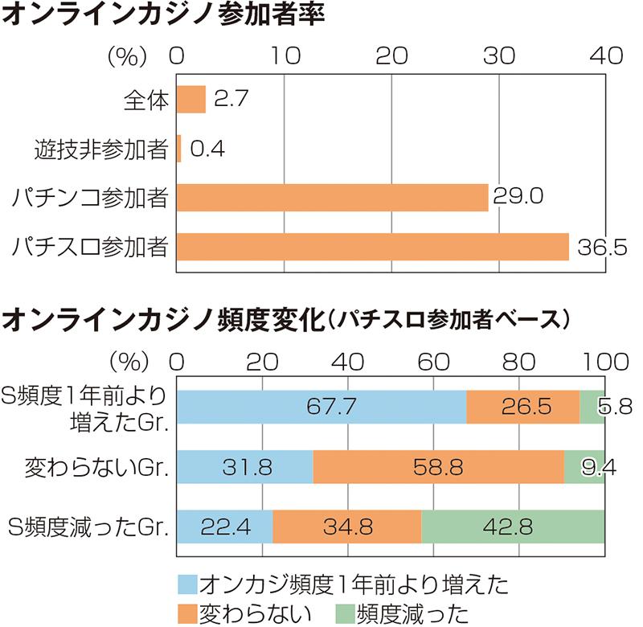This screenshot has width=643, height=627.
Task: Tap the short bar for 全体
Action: [191, 100]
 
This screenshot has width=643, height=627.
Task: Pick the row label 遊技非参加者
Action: [100, 149]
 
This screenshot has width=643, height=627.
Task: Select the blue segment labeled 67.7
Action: [321, 406]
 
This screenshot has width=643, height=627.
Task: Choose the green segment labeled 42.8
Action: [513, 527]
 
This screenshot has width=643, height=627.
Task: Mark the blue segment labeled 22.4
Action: [224, 527]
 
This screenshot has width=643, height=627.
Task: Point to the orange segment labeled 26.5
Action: [522, 406]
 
